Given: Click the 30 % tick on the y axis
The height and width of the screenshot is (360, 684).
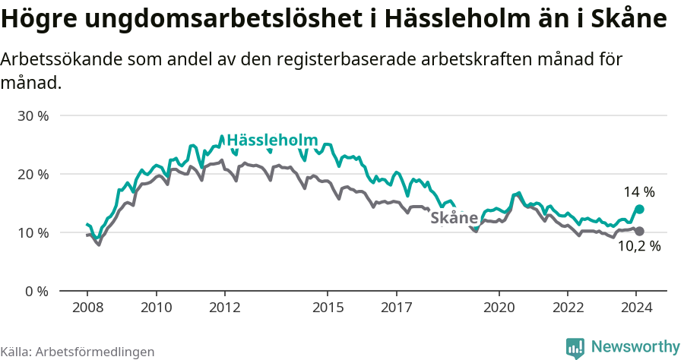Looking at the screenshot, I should click(x=33, y=116).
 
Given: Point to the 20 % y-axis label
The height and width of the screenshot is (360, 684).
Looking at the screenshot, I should click(x=33, y=175).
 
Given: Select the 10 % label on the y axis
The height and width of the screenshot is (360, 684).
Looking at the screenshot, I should click(x=33, y=232).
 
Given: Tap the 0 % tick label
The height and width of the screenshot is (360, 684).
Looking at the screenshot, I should click(x=36, y=291).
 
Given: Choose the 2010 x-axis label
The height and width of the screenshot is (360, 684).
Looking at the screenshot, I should click(x=156, y=308).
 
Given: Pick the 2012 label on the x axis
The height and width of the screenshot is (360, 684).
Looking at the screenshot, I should click(x=225, y=308).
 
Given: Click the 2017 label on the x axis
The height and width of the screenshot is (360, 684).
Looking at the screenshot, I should click(x=396, y=308).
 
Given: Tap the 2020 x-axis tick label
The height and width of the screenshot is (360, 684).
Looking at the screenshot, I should click(x=499, y=308).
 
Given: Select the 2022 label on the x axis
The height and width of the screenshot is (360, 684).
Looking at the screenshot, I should click(x=568, y=308).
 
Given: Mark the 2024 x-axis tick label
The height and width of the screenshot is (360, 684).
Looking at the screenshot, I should click(x=636, y=308).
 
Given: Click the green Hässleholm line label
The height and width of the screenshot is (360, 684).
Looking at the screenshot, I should click(x=271, y=141).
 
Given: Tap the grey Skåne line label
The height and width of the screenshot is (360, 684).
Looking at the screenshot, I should click(x=454, y=219).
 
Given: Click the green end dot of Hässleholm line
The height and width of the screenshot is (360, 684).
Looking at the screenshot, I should click(x=639, y=209).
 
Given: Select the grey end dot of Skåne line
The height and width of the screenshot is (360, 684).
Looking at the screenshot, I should click(x=639, y=231).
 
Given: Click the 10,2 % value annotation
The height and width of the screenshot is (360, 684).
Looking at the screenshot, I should click(x=638, y=246).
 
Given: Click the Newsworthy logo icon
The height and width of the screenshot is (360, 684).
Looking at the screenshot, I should click(x=575, y=347).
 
